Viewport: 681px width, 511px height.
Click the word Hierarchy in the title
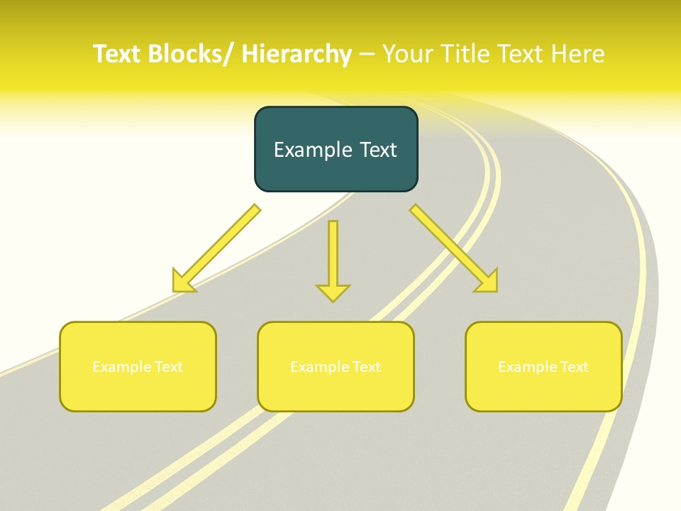(297, 54)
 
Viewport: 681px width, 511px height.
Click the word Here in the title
(578, 54)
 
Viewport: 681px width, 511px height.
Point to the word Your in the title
(409, 54)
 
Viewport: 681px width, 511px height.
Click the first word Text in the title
(118, 54)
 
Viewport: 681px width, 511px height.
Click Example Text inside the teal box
(336, 150)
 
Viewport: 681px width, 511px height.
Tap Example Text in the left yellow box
(138, 367)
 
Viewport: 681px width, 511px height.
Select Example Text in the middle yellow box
(336, 367)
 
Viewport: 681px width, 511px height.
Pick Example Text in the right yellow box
(543, 367)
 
